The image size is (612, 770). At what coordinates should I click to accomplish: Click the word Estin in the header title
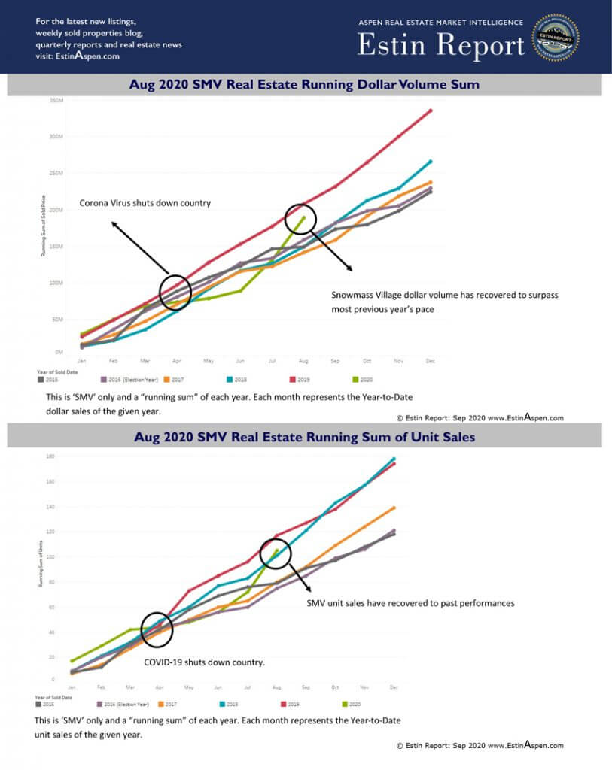tap(391, 47)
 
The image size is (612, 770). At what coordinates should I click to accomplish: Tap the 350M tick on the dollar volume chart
tap(56, 100)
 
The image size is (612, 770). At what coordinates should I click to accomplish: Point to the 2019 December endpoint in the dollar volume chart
tap(431, 111)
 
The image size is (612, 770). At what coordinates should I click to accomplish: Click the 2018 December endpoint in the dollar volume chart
tap(431, 161)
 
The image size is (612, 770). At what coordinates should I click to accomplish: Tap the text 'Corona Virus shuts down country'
tap(145, 203)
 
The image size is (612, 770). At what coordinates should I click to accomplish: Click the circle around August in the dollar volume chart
tap(306, 218)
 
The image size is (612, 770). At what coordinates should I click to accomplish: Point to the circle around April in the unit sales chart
tap(157, 630)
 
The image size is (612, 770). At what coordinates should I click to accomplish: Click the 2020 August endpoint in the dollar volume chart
tap(304, 217)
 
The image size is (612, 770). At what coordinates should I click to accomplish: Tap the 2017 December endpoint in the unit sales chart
tap(394, 508)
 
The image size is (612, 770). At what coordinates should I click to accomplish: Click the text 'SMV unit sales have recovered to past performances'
tap(410, 603)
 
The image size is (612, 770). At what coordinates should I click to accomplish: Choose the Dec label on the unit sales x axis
tap(394, 687)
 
